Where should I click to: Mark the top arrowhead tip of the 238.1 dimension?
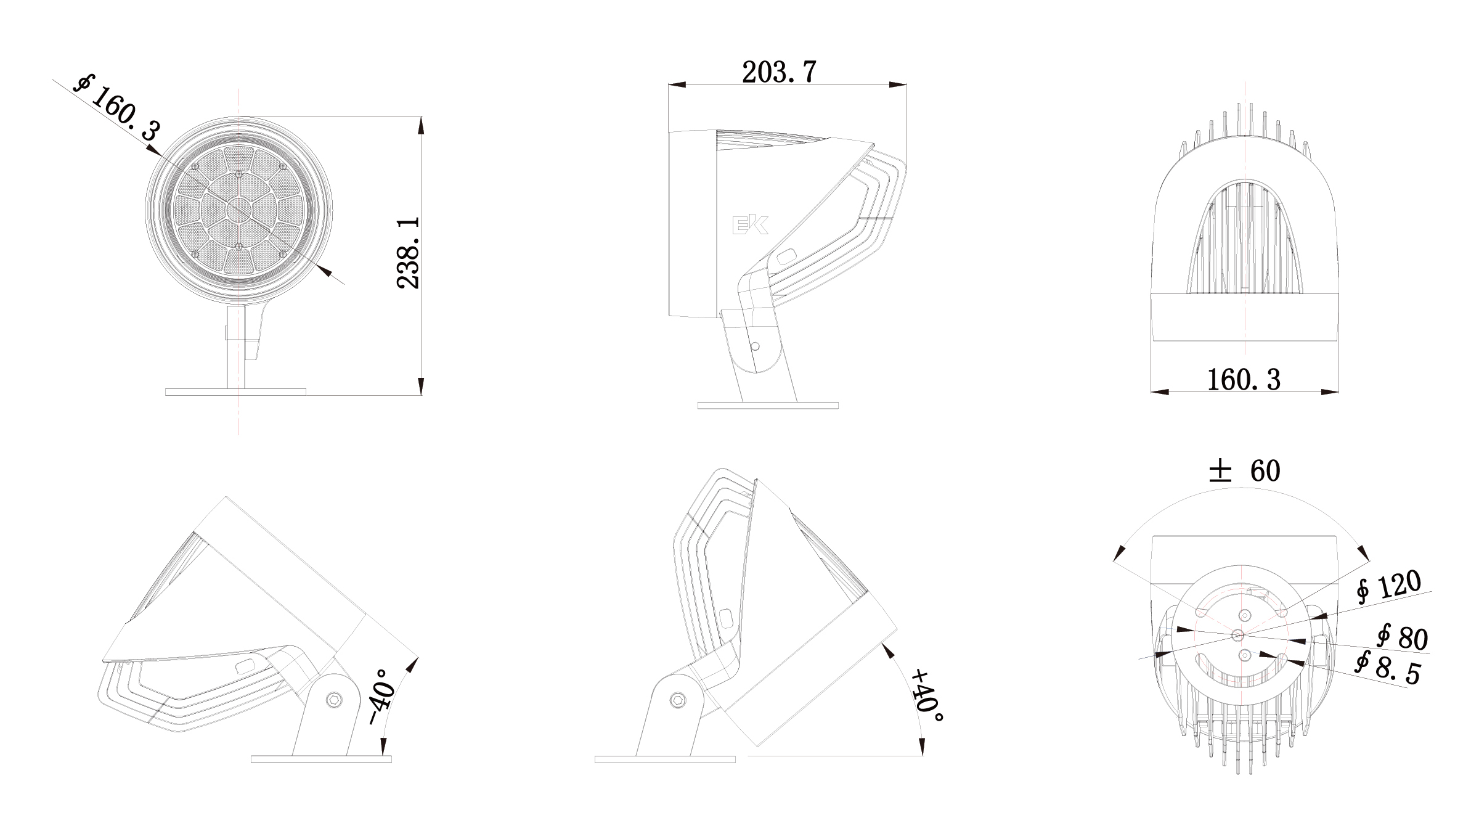pyautogui.click(x=422, y=117)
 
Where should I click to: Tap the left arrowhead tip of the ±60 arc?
pyautogui.click(x=1114, y=562)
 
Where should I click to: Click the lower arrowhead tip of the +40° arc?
pyautogui.click(x=922, y=756)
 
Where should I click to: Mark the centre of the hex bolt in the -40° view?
pyautogui.click(x=335, y=699)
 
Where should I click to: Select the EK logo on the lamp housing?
pyautogui.click(x=750, y=226)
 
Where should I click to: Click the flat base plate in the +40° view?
pyautogui.click(x=665, y=759)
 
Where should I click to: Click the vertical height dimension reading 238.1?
pyautogui.click(x=409, y=252)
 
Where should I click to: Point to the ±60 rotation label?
pyautogui.click(x=1244, y=471)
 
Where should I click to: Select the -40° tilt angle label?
pyautogui.click(x=381, y=697)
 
